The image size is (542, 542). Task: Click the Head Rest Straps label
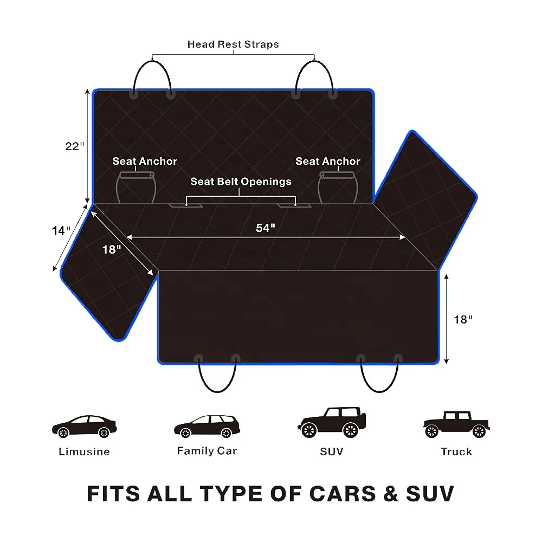click(x=233, y=44)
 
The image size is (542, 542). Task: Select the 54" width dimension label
click(x=266, y=228)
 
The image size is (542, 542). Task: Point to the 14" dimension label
click(x=61, y=230)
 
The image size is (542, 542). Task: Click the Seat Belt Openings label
click(x=241, y=182)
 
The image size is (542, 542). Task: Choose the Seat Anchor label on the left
click(x=145, y=161)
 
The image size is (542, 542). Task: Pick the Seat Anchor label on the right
click(x=327, y=161)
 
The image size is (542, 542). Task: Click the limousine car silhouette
click(x=84, y=427)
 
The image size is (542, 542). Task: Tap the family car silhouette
click(x=207, y=427)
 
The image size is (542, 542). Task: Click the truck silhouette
click(x=456, y=424)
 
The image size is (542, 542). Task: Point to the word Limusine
click(x=84, y=451)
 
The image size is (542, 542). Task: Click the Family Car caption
click(x=207, y=450)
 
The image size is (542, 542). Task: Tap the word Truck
click(x=456, y=451)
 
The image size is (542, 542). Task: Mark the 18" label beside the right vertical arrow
click(x=463, y=320)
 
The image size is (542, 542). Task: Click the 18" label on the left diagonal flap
click(x=112, y=250)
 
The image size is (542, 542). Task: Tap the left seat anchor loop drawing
click(x=136, y=188)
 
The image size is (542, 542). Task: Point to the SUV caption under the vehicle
click(x=332, y=451)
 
